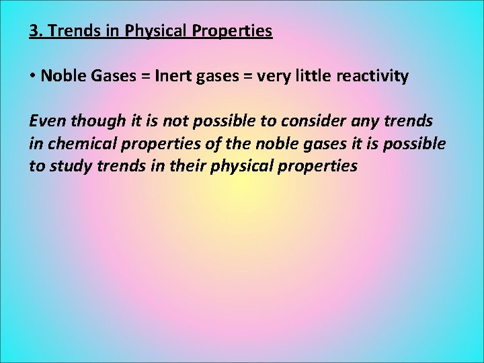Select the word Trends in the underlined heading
coord(69,31)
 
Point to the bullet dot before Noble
coord(32,76)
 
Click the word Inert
coord(173,76)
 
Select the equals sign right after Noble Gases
coord(143,76)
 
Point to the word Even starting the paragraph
coord(47,121)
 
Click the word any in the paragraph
coord(374,121)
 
